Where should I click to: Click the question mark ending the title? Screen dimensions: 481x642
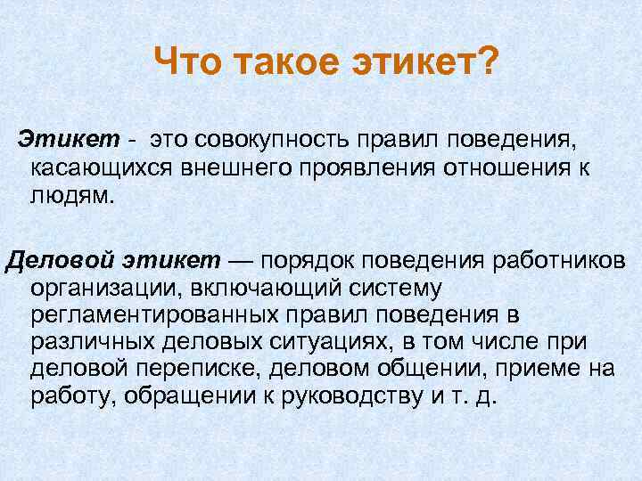click(x=488, y=63)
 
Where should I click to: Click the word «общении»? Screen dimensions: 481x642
click(x=419, y=370)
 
